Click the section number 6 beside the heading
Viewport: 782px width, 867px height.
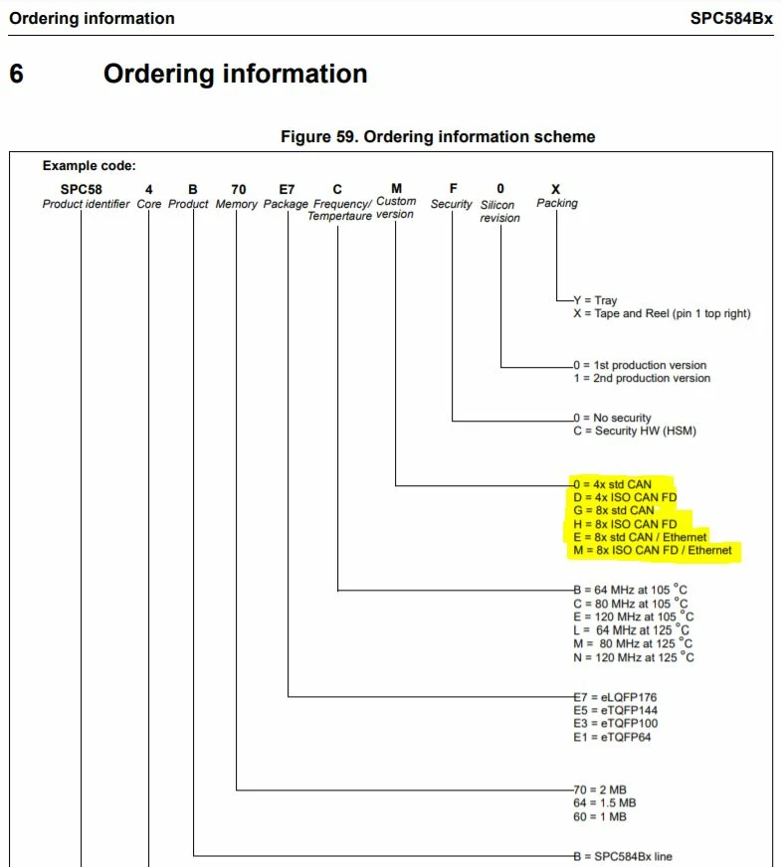tap(17, 74)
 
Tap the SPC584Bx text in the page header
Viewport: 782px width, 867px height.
tap(731, 18)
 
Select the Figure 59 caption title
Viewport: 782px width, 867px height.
tap(438, 136)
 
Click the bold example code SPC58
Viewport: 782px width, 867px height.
tap(82, 189)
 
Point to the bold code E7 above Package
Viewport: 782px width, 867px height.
tap(287, 189)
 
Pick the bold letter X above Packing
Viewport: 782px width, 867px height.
tap(555, 189)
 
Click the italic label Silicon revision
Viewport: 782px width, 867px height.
tap(499, 211)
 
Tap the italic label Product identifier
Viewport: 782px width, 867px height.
tap(86, 204)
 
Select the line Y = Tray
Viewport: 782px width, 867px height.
tap(595, 300)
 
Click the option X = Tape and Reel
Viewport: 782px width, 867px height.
tap(662, 313)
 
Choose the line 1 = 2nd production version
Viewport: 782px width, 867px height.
tap(642, 378)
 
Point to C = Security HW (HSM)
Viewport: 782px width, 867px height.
tap(635, 431)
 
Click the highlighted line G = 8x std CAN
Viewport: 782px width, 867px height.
tap(614, 510)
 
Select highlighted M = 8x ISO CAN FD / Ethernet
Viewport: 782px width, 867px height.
tap(653, 550)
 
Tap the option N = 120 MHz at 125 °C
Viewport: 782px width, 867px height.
tap(634, 657)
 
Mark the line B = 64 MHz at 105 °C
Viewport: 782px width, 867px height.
tap(631, 590)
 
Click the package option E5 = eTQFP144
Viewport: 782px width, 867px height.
tap(616, 710)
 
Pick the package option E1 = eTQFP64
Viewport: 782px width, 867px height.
tap(612, 737)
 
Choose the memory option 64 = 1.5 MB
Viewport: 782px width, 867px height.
tap(604, 802)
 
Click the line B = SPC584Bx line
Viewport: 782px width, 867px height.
tap(623, 856)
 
